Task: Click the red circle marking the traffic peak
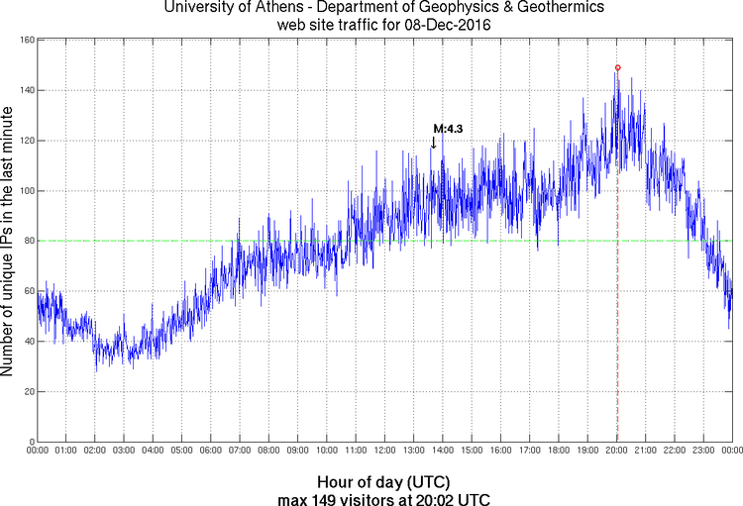[618, 68]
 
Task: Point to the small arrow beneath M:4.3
[433, 143]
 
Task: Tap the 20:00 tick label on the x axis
[616, 452]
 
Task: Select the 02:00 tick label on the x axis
[95, 452]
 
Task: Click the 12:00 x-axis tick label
[384, 452]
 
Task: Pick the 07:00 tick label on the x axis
[240, 452]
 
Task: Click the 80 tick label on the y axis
[28, 241]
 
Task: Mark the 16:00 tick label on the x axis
[500, 452]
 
